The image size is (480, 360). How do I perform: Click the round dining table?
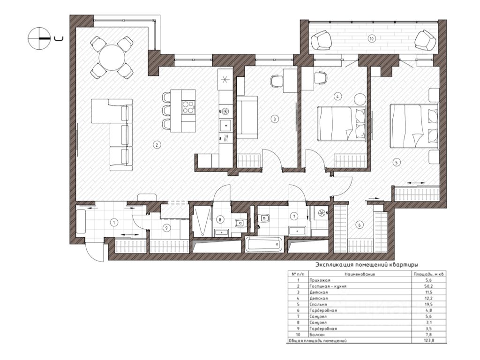point(112,58)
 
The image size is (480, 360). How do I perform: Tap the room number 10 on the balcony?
point(371,39)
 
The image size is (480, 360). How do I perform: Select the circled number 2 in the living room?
point(157,145)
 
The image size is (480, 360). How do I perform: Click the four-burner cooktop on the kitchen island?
point(188,107)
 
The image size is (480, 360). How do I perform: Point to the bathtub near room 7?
point(264,245)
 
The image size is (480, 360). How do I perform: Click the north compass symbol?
point(39,38)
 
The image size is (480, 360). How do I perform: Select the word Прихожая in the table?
point(320,280)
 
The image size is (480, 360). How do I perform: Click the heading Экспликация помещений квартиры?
point(367,264)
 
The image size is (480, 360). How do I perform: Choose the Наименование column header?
point(360,274)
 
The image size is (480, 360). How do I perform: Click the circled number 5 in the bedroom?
point(397,162)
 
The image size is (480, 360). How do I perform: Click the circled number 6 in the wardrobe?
point(360,225)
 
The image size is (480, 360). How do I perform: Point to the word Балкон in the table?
point(317,335)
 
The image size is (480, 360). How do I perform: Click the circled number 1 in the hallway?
point(114,222)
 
